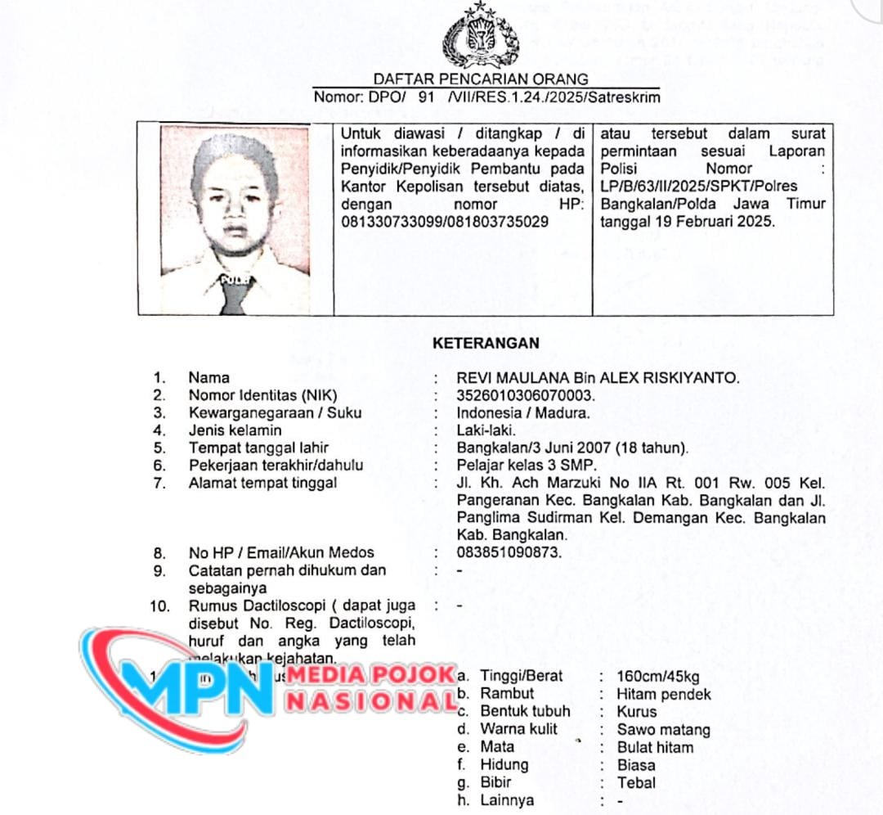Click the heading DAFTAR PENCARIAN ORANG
pos(481,79)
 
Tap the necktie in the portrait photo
pos(234,295)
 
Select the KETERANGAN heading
pos(486,344)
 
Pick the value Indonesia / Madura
pos(523,412)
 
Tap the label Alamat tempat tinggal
pos(262,483)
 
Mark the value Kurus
pos(637,711)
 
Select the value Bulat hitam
pos(656,747)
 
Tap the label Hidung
pos(504,765)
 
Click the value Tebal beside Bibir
pos(636,783)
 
